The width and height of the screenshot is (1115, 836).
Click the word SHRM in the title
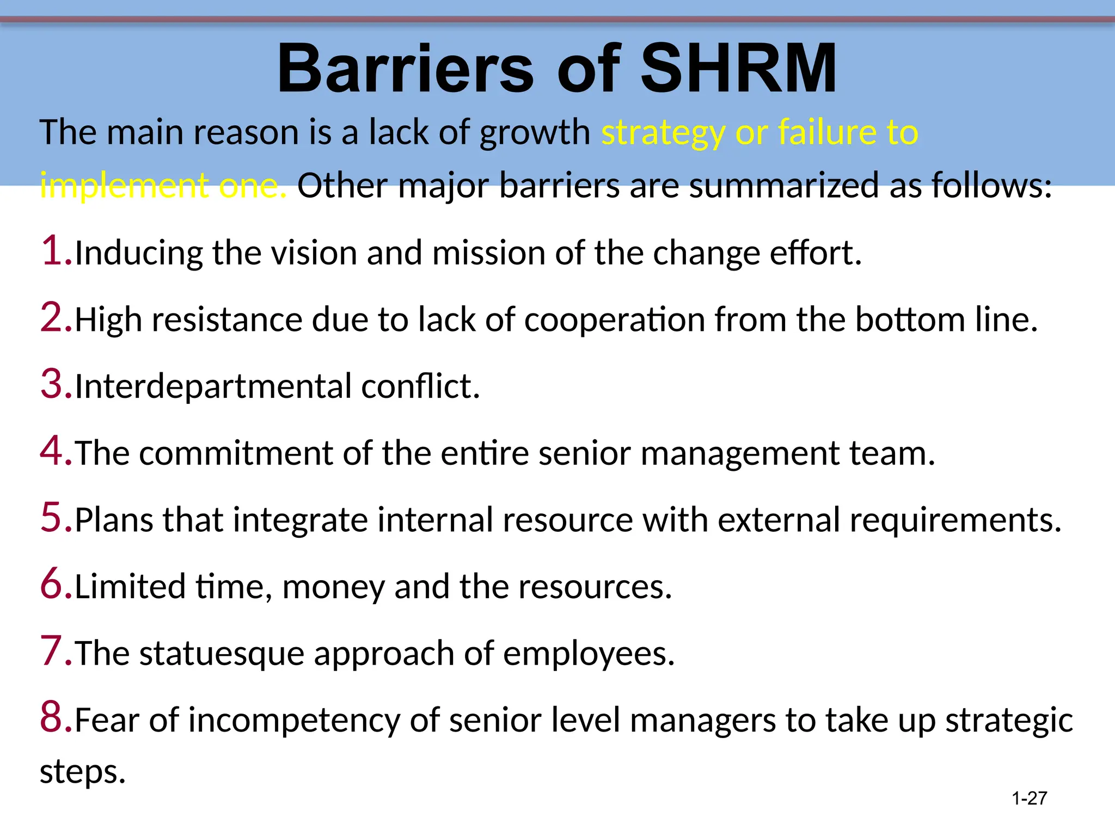738,69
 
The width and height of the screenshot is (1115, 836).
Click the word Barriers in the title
406,69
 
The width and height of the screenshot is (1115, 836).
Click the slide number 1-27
1029,798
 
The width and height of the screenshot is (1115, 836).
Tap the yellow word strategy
663,133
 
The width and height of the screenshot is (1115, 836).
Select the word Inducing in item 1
138,254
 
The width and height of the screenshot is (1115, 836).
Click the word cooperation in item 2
614,320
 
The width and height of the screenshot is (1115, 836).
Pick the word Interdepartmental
213,386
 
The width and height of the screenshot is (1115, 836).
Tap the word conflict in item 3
420,386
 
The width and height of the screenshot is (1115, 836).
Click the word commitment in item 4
235,453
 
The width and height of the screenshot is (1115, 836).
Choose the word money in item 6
333,587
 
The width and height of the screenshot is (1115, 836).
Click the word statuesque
222,654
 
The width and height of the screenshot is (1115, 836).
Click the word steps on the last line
82,772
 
